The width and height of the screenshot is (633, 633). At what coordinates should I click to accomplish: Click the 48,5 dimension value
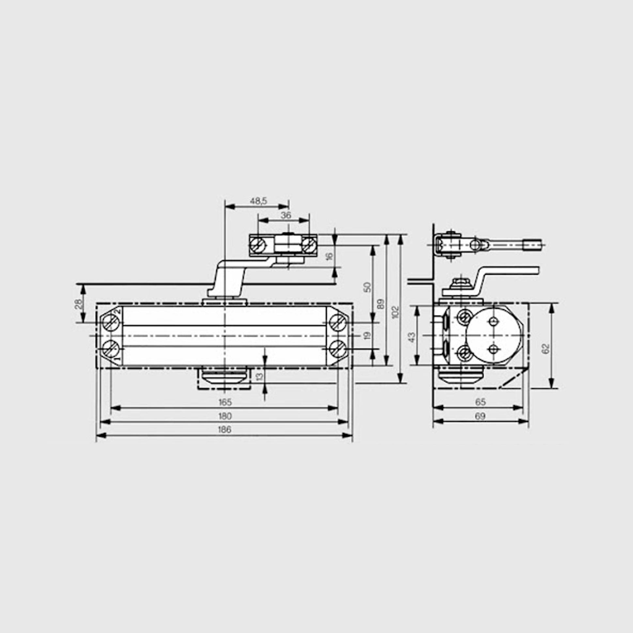[x=258, y=201]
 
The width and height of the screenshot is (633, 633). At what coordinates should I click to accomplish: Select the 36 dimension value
[x=286, y=215]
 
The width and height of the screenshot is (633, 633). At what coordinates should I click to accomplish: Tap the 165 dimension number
[x=225, y=402]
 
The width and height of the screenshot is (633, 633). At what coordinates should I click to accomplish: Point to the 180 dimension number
[x=225, y=416]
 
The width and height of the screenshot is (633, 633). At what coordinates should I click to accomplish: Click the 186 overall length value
[x=225, y=429]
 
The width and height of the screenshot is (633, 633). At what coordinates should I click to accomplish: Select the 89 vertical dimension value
[x=380, y=304]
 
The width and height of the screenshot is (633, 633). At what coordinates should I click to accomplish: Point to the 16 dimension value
[x=329, y=256]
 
